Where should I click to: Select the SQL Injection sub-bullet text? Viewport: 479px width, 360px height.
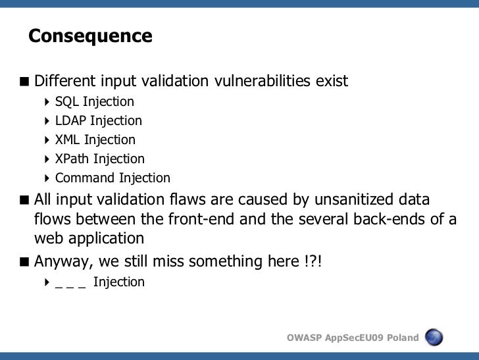(x=94, y=102)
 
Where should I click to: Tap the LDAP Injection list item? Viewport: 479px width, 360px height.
(x=98, y=121)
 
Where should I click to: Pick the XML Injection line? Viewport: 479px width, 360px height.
(x=95, y=140)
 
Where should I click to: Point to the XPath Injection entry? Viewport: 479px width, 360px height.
(x=99, y=159)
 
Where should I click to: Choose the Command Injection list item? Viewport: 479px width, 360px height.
(x=113, y=178)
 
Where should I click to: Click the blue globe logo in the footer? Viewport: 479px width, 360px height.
(x=434, y=338)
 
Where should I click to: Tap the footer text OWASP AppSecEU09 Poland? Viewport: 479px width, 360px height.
(x=353, y=338)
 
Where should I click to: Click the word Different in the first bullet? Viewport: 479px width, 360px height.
(x=64, y=82)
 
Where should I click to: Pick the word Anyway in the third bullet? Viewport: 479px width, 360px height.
(x=62, y=262)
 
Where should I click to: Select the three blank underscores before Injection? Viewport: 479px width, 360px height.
(x=71, y=283)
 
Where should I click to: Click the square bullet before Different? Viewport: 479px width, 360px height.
(x=24, y=82)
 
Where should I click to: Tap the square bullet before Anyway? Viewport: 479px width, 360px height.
(x=24, y=262)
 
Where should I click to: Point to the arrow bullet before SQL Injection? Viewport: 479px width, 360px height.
(x=47, y=102)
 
